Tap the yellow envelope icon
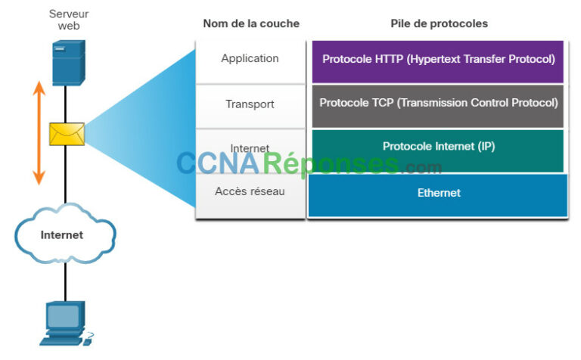click(66, 134)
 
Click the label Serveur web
click(69, 20)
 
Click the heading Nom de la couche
click(250, 23)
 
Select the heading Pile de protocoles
click(439, 23)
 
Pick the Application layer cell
click(250, 59)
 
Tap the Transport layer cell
click(250, 104)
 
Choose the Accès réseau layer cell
click(250, 192)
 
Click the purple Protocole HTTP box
click(438, 60)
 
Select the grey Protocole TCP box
click(438, 104)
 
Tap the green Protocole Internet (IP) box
click(438, 147)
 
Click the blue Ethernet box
click(438, 194)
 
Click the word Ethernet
click(439, 193)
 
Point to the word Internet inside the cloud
click(62, 234)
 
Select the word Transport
click(250, 104)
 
